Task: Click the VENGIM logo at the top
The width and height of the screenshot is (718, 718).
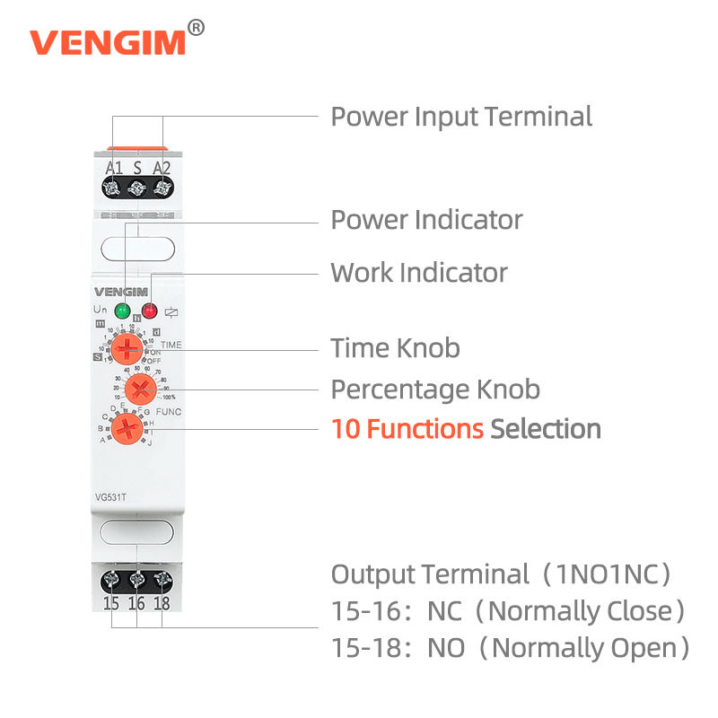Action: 108,41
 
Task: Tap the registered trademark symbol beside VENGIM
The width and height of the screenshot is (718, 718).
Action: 197,27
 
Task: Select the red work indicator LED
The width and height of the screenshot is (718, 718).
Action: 150,311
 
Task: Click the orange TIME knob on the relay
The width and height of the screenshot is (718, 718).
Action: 129,348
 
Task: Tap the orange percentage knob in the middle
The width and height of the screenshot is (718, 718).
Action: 140,389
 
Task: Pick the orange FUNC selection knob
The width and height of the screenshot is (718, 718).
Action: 128,428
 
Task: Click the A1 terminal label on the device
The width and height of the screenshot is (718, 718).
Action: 114,168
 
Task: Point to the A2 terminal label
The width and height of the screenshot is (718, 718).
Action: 162,168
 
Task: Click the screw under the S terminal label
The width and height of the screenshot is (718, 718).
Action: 137,188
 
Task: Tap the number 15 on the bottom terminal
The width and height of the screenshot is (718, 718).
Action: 110,603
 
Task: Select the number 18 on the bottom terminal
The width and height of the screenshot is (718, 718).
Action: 162,603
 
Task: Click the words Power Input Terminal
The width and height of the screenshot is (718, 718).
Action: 461,117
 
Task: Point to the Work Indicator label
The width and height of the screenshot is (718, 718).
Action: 419,273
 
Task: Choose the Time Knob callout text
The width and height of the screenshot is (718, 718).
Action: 395,348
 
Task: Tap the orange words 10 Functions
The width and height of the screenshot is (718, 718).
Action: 407,429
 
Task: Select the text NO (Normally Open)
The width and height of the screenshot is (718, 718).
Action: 558,647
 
